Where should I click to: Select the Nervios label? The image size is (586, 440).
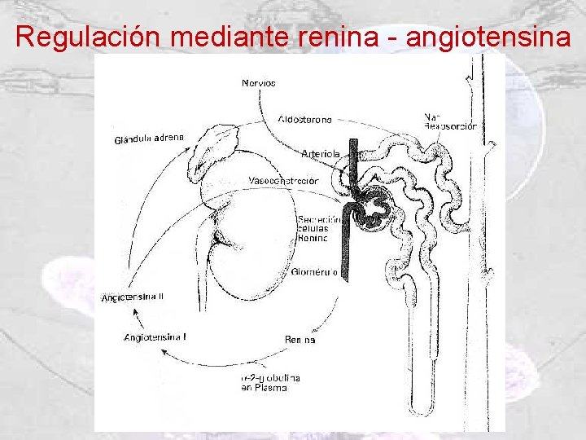259,83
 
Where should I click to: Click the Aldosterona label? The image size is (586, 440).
304,120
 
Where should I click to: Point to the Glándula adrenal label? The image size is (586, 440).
149,139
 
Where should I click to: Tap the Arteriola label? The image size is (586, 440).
320,153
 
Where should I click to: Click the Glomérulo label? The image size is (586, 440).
314,273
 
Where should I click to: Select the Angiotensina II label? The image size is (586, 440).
133,297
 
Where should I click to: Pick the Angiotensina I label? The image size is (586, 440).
155,337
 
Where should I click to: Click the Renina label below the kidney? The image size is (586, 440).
300,339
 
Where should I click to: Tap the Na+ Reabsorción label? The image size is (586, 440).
450,122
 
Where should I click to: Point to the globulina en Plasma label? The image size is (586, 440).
270,382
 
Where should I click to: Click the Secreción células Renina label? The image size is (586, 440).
313,229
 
